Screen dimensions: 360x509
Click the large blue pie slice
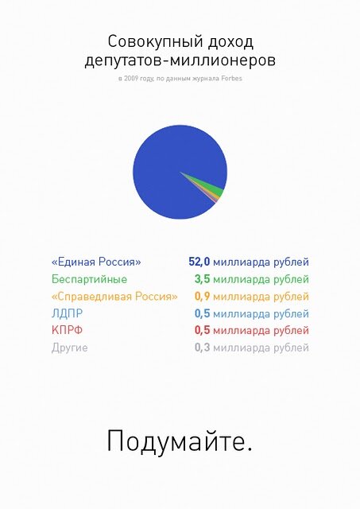tap(168, 165)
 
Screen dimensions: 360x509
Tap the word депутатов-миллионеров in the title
tap(180, 61)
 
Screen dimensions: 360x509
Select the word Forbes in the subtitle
tap(231, 78)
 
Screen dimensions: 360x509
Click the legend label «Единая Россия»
tap(96, 262)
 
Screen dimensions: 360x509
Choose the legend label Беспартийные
tap(89, 279)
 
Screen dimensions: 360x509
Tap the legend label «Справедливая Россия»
tap(114, 297)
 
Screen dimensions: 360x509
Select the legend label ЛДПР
tap(67, 313)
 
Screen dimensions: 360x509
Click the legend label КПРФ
tap(67, 331)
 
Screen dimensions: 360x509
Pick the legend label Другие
tap(69, 348)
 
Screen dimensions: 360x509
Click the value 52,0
tap(199, 262)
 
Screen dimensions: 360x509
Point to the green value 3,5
tap(203, 279)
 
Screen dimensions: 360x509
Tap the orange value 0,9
tap(203, 297)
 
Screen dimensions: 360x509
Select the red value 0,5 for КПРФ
tap(203, 331)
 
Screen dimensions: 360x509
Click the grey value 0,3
tap(203, 348)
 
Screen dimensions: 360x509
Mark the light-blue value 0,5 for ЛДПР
tap(203, 313)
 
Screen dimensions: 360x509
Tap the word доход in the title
tap(230, 42)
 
